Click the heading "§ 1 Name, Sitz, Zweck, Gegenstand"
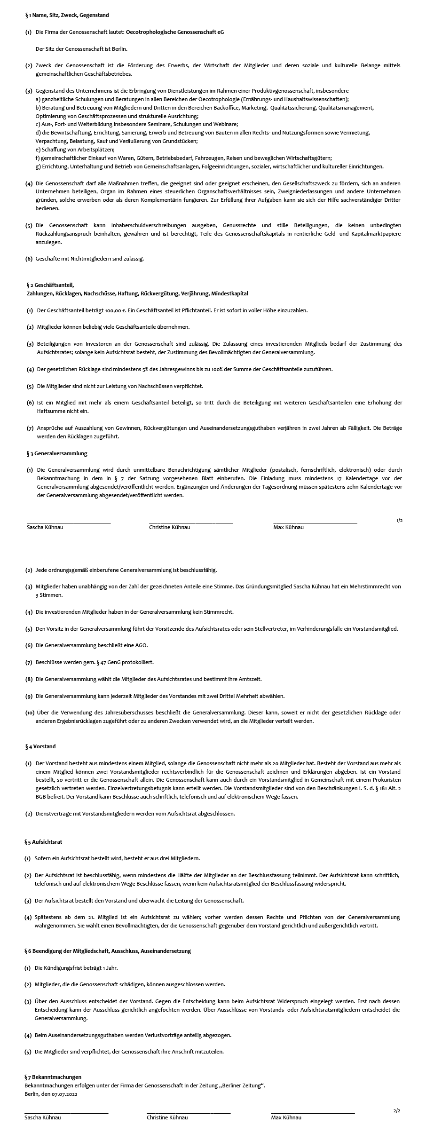67,15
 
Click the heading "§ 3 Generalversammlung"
57,453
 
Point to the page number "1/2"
399,520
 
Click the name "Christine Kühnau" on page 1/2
169,527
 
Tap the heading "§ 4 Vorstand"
40,746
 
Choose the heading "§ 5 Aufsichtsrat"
43,841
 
